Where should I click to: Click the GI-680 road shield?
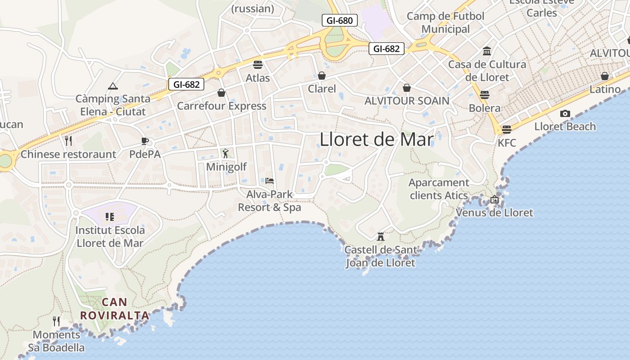pos(340,20)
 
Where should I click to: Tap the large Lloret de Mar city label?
pos(377,139)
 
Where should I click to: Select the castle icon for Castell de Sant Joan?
pos(381,236)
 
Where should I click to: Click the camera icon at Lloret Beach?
pos(565,114)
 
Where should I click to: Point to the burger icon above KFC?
pos(507,130)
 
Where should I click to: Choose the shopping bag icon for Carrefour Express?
pos(221,93)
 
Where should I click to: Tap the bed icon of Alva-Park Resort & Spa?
pos(270,181)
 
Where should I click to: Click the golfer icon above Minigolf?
pos(225,153)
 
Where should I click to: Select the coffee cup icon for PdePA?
pos(145,141)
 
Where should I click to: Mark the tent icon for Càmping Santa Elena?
pos(112,85)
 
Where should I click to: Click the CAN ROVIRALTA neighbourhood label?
pos(114,309)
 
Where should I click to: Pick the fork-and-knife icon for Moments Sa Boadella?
pos(56,321)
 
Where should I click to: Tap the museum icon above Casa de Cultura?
pos(487,51)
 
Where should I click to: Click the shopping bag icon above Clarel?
pos(322,75)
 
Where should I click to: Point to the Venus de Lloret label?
pos(495,213)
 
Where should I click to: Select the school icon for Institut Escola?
pos(110,217)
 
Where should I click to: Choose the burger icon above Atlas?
pos(258,65)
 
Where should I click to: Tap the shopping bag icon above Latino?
pos(605,76)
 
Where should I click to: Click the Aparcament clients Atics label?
pos(439,189)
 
